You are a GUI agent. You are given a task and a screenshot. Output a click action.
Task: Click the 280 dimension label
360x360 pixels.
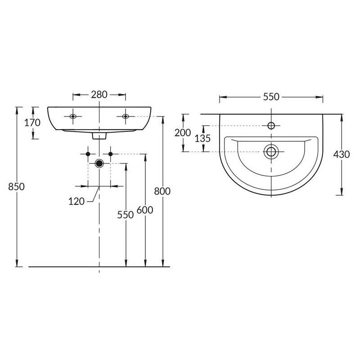(99, 94)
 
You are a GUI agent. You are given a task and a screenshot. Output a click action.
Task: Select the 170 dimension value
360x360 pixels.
(32, 122)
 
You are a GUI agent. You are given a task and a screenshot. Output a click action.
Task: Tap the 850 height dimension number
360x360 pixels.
(16, 187)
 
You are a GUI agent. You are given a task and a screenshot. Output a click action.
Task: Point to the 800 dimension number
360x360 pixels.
(162, 191)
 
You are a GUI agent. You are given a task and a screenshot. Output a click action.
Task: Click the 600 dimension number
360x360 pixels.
(145, 210)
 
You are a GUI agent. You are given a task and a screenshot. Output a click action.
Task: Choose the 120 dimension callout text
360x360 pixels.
(76, 201)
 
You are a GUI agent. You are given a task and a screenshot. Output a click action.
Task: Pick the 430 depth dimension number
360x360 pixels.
(342, 154)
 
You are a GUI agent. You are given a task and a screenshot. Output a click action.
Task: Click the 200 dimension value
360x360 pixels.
(183, 133)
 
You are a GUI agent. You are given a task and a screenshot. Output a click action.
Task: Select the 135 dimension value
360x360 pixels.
(202, 139)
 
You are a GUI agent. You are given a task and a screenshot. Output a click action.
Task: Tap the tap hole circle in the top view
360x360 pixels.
(271, 126)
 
